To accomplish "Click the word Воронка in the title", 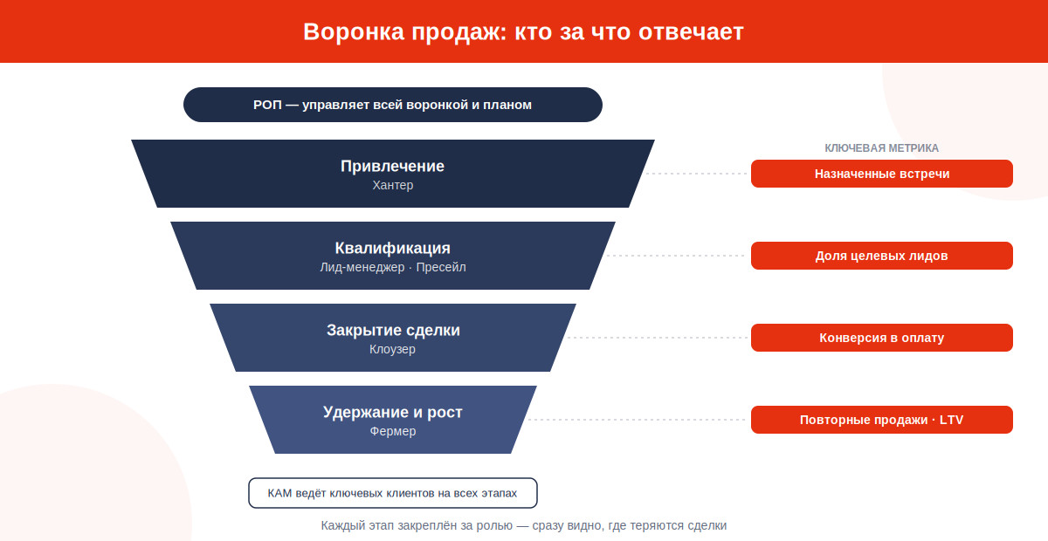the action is point(354,32).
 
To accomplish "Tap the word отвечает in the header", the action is point(691,32).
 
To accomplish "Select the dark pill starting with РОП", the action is point(392,105).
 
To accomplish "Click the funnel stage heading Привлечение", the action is point(392,166).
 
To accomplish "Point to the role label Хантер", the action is point(392,185).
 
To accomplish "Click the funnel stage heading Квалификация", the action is point(392,248).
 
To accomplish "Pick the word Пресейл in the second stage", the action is point(441,267).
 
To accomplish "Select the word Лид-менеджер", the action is point(362,267).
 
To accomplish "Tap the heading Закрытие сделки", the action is point(393,330).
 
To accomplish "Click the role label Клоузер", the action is point(392,349).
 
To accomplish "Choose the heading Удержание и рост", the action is point(392,412).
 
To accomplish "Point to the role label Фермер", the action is point(392,431).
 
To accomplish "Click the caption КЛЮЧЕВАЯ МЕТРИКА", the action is point(881,148).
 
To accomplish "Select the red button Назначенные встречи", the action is point(882,174).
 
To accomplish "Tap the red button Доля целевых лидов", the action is point(882,256).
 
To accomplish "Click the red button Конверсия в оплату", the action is point(882,338).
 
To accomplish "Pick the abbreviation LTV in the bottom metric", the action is point(952,420).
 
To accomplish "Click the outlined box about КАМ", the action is point(392,493).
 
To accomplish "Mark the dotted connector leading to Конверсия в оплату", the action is point(658,338).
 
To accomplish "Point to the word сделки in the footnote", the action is point(707,526).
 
